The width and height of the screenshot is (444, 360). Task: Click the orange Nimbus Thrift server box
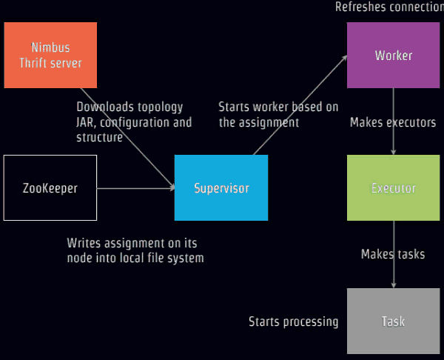coord(50,55)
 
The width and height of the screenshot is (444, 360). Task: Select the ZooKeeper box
coord(50,187)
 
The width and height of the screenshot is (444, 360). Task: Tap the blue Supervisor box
coord(221,187)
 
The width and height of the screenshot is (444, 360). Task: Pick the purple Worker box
coord(394,55)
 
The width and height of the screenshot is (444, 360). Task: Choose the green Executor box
coord(394,187)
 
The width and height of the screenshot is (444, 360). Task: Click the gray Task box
coord(394,321)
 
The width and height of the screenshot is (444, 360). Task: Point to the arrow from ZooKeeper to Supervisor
coord(136,188)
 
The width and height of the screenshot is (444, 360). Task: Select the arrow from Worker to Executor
coord(394,121)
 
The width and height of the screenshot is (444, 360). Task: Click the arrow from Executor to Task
coord(394,254)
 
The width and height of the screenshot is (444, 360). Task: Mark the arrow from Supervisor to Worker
coord(300,105)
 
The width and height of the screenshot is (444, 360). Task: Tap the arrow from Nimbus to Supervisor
coord(127,139)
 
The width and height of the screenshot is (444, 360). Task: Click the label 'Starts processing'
coord(293,321)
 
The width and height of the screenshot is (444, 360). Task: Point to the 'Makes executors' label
coord(393,122)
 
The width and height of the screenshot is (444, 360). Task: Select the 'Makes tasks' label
coord(393,254)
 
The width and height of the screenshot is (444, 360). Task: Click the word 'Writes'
coord(84,243)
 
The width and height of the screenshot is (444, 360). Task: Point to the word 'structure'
coord(99,138)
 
